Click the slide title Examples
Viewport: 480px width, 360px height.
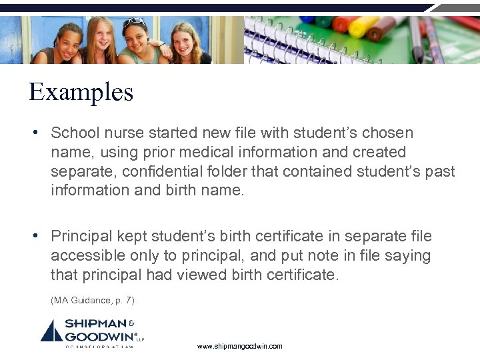point(81,92)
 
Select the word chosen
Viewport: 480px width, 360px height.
point(387,133)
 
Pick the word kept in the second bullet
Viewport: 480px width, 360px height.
point(131,237)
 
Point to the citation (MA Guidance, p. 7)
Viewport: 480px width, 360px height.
point(92,301)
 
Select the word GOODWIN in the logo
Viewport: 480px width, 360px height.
point(99,335)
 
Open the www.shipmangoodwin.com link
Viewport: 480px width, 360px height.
point(240,347)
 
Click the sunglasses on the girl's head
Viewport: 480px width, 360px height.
point(133,22)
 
